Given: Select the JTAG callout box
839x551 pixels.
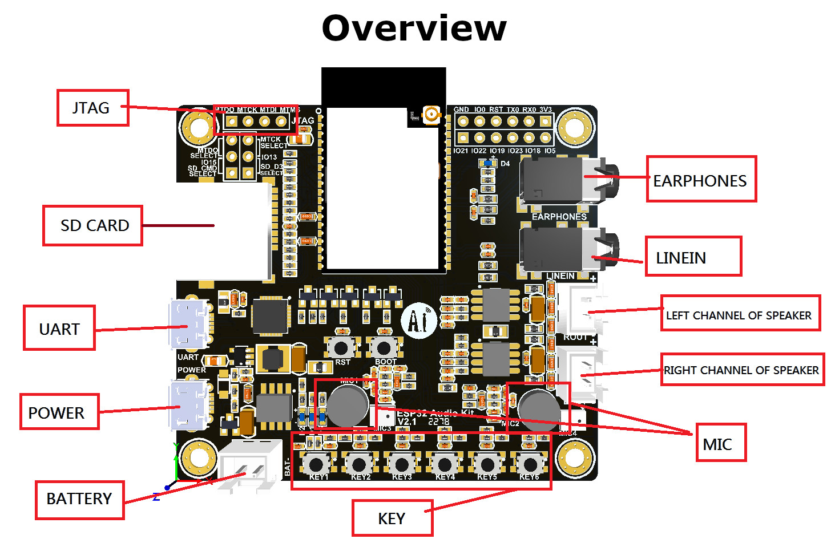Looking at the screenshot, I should (92, 107).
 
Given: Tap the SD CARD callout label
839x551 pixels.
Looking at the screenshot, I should (92, 225).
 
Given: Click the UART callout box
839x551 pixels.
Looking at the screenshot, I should (59, 329).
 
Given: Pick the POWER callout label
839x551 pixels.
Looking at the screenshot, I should (59, 412).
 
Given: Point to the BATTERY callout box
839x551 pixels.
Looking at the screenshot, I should (79, 499).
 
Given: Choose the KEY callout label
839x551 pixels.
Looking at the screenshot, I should (392, 518).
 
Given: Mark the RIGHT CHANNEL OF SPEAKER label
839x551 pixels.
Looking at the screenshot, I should (742, 370).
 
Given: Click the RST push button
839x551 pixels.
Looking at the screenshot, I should (341, 347).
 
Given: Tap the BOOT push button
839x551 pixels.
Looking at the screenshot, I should (384, 347).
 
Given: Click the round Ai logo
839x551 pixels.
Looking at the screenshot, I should (418, 321).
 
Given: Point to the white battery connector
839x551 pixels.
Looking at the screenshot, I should (251, 464).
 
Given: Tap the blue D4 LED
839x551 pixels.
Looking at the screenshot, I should (487, 164).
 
